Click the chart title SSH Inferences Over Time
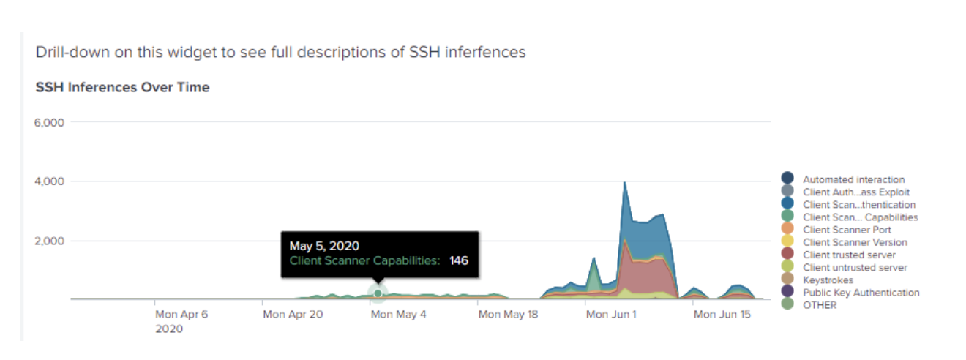(122, 87)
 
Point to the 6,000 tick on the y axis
(49, 122)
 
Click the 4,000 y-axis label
(49, 181)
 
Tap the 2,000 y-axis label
(49, 241)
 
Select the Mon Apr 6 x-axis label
(181, 315)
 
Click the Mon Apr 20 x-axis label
(293, 315)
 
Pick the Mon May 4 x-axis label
(398, 315)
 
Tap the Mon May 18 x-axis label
(508, 315)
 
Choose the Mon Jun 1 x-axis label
(611, 315)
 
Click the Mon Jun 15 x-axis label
(722, 315)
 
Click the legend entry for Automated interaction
(853, 179)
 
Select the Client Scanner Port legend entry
(847, 230)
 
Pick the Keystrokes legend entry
(828, 280)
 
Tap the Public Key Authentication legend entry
(861, 293)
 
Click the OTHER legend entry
(820, 305)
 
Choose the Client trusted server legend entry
(849, 255)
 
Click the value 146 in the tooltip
(458, 260)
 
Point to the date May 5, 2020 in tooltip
(324, 246)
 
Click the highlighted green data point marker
(378, 293)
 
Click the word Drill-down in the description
(72, 52)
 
